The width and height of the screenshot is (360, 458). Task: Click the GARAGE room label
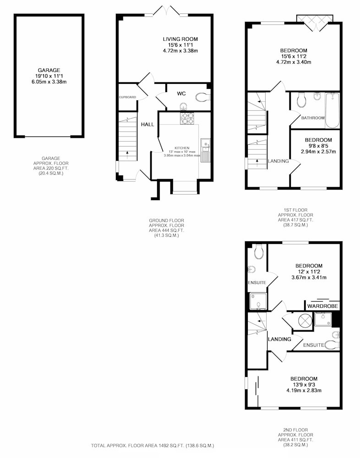pos(49,70)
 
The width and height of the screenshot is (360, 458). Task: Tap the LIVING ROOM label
pos(180,39)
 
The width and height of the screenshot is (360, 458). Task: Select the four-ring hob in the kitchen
pos(187,118)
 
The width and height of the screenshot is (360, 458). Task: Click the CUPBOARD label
pos(127,97)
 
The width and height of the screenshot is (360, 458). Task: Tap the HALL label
pos(147,125)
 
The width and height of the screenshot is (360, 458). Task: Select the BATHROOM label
pos(313,118)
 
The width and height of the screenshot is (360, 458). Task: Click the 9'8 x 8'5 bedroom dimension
pos(318,146)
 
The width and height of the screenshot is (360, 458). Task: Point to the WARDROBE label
pos(322,306)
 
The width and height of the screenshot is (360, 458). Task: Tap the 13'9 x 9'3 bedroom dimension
pos(304,384)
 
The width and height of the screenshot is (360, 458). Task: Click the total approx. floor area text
pos(153,446)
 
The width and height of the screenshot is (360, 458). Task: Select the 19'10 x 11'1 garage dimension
pos(49,76)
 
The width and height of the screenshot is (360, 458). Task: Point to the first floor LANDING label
pos(278,161)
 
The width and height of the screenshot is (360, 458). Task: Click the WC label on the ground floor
pos(181,93)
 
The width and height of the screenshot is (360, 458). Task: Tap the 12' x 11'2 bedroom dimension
pos(309,272)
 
